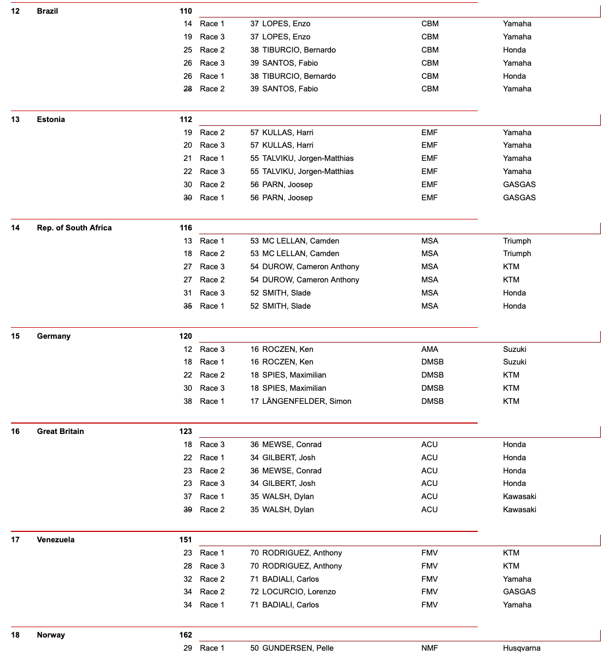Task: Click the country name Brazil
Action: pos(47,11)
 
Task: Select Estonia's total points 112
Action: pos(185,119)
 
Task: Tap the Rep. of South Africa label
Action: pos(74,228)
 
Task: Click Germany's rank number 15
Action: pos(15,336)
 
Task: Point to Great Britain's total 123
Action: pos(185,431)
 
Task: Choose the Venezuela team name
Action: pos(55,540)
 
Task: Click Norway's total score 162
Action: pos(185,635)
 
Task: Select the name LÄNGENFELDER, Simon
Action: pos(306,401)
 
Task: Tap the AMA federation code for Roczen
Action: pos(430,349)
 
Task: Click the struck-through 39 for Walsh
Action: pos(188,509)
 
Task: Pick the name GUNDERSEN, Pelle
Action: pos(298,648)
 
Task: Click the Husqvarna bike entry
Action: pos(521,648)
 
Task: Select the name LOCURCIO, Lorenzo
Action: pos(299,592)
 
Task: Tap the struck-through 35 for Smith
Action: pos(188,306)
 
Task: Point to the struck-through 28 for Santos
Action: pos(188,89)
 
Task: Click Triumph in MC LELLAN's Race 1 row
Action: pos(517,241)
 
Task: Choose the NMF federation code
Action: pos(430,648)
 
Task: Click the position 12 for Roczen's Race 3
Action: pos(188,349)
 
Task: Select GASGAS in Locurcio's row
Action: pos(519,592)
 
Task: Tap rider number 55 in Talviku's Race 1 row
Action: pos(254,158)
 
